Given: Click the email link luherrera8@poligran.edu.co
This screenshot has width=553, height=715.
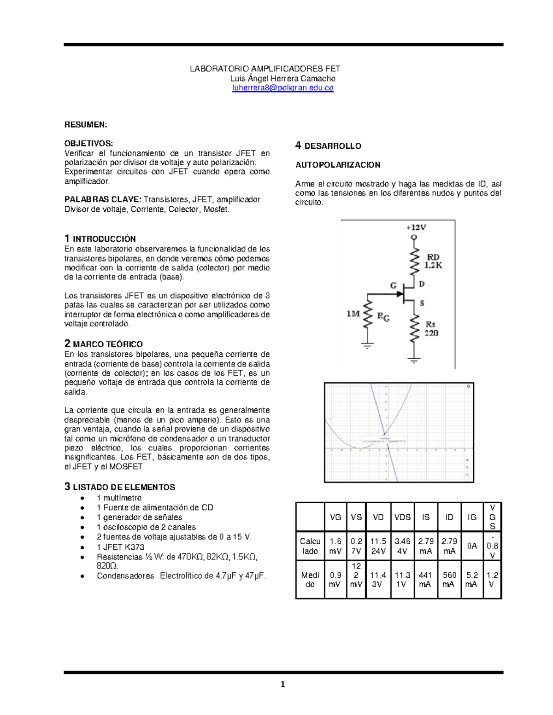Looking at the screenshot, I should pyautogui.click(x=282, y=88).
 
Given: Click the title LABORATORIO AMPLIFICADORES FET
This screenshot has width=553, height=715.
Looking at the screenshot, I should pyautogui.click(x=265, y=69).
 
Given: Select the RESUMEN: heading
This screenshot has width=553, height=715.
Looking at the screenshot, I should pyautogui.click(x=86, y=125).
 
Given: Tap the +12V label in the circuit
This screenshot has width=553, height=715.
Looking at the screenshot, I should pyautogui.click(x=416, y=227).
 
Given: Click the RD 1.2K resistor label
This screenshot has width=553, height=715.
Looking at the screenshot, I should pyautogui.click(x=433, y=261).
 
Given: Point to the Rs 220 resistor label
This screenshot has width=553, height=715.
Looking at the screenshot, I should pyautogui.click(x=431, y=329).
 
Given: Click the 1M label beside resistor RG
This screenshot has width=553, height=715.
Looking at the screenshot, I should pyautogui.click(x=353, y=314).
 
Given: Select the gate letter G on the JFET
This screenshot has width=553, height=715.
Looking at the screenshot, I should pyautogui.click(x=394, y=285).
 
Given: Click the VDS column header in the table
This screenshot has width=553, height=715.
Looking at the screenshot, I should pyautogui.click(x=402, y=517).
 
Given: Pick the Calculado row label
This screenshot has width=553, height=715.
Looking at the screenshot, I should pyautogui.click(x=310, y=546).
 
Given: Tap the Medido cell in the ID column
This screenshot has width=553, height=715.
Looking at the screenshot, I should pyautogui.click(x=449, y=580).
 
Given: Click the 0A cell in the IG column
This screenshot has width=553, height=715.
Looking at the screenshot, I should pyautogui.click(x=472, y=546).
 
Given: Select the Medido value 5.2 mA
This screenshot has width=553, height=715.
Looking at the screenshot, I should pyautogui.click(x=472, y=580).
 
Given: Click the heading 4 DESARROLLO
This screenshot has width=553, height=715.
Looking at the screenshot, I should pyautogui.click(x=328, y=146).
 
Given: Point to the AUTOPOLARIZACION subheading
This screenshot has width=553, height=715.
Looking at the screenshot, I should pyautogui.click(x=338, y=165).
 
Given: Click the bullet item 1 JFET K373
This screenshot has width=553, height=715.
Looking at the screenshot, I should pyautogui.click(x=120, y=547).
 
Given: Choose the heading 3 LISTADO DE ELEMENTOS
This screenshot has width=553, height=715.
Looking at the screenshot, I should pyautogui.click(x=120, y=487).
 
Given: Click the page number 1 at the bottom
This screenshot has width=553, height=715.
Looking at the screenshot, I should pyautogui.click(x=282, y=684).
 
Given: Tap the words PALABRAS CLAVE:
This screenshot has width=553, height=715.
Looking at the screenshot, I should pyautogui.click(x=102, y=199).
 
